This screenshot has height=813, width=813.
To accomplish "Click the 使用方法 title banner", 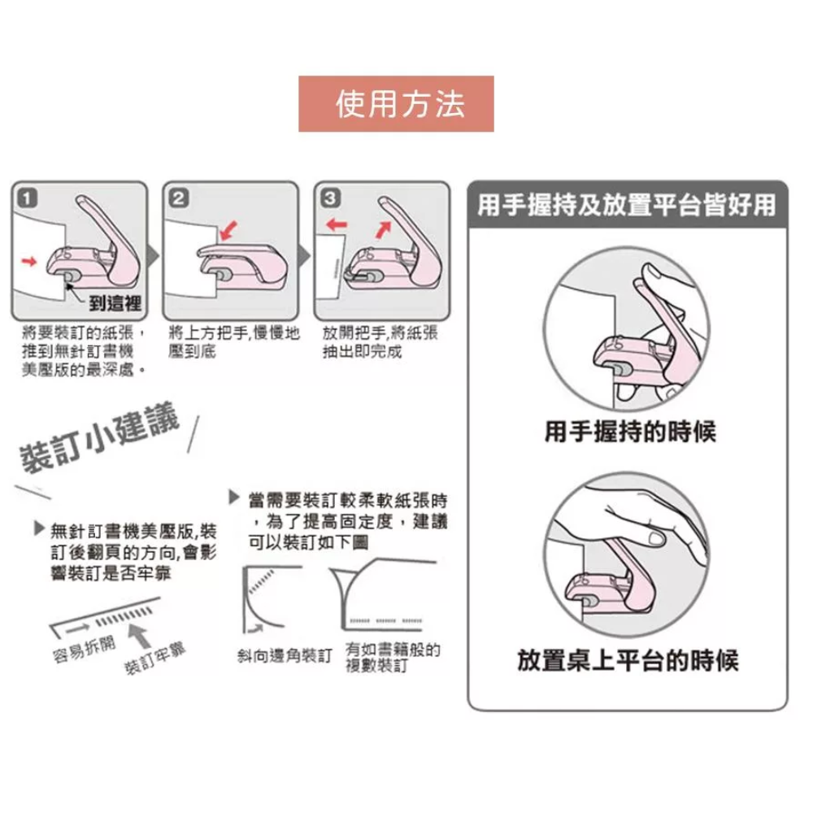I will coord(396,104).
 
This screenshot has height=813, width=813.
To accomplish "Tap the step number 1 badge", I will coord(27,197).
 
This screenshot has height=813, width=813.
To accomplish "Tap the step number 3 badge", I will coord(328,197).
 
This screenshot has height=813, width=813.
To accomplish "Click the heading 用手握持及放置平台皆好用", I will coord(626,205).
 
